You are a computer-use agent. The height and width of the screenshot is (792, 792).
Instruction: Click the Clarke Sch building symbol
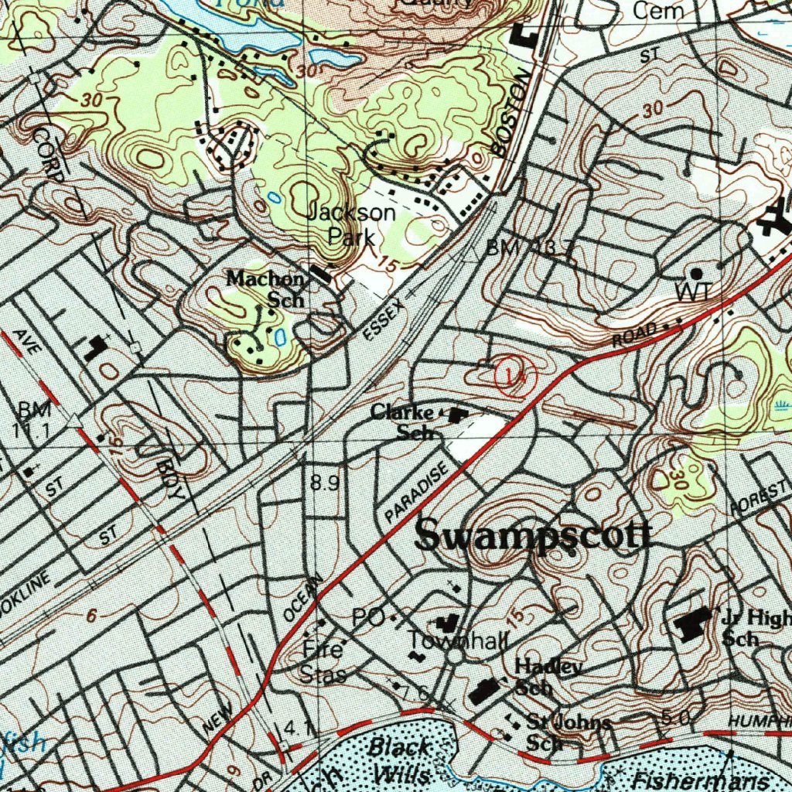tap(458, 415)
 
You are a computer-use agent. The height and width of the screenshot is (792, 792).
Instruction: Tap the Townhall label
tap(459, 640)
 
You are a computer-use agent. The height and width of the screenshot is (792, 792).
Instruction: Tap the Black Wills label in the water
tap(401, 760)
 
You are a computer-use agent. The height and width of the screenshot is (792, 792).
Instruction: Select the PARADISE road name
tap(416, 492)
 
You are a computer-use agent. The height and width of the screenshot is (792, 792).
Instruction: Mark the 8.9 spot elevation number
tap(325, 483)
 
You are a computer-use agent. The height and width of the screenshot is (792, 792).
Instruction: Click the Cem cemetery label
tap(658, 11)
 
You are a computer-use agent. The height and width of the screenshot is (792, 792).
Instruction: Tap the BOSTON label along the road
tap(513, 112)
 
